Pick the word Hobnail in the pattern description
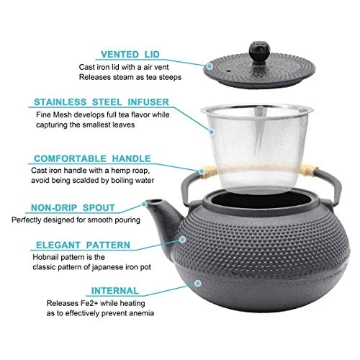50,257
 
